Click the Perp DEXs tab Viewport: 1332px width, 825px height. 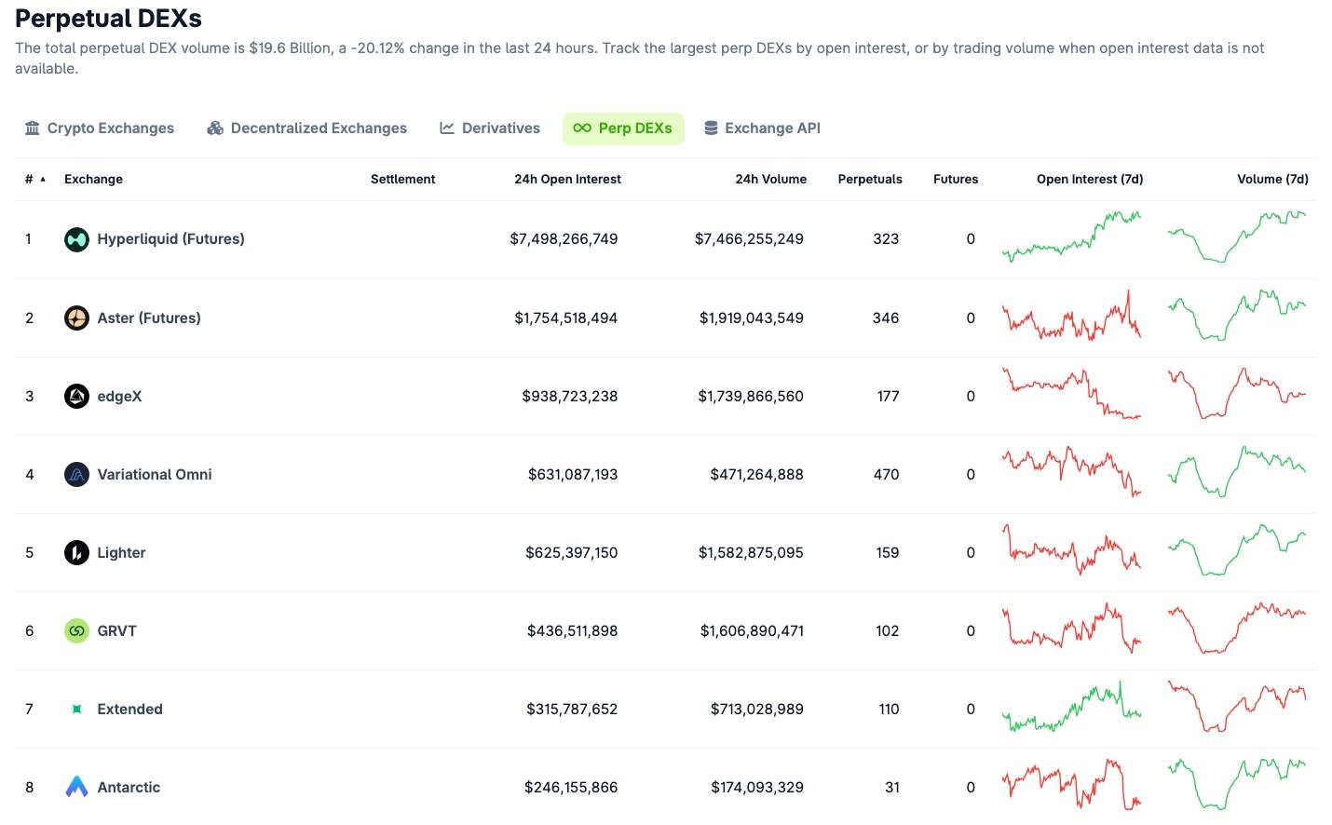click(x=623, y=128)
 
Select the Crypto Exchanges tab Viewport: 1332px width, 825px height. click(x=100, y=128)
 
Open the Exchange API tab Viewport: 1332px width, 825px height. click(x=762, y=128)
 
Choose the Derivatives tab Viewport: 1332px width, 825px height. click(x=490, y=128)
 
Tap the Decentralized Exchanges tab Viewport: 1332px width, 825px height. click(x=306, y=128)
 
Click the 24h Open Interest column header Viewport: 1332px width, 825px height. click(x=567, y=179)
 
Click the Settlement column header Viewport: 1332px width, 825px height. click(x=402, y=179)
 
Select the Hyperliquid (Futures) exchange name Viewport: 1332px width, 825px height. click(x=170, y=239)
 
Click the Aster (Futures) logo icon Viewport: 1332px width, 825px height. click(x=76, y=318)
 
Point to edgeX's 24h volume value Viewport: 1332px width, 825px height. click(x=750, y=397)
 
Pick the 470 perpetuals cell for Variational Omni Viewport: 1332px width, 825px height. click(x=886, y=475)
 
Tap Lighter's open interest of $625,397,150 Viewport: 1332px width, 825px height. click(x=571, y=553)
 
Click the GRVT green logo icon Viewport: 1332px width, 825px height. click(x=76, y=631)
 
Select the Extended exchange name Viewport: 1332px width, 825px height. click(x=129, y=710)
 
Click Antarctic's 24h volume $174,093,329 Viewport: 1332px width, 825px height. click(x=756, y=788)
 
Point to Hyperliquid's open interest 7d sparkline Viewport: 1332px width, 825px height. click(x=1071, y=237)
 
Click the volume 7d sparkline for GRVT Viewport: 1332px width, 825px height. click(x=1237, y=629)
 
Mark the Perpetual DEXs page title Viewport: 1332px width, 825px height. click(x=108, y=19)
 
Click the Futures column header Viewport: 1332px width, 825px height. click(x=956, y=179)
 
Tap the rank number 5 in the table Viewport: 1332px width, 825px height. click(x=30, y=553)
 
